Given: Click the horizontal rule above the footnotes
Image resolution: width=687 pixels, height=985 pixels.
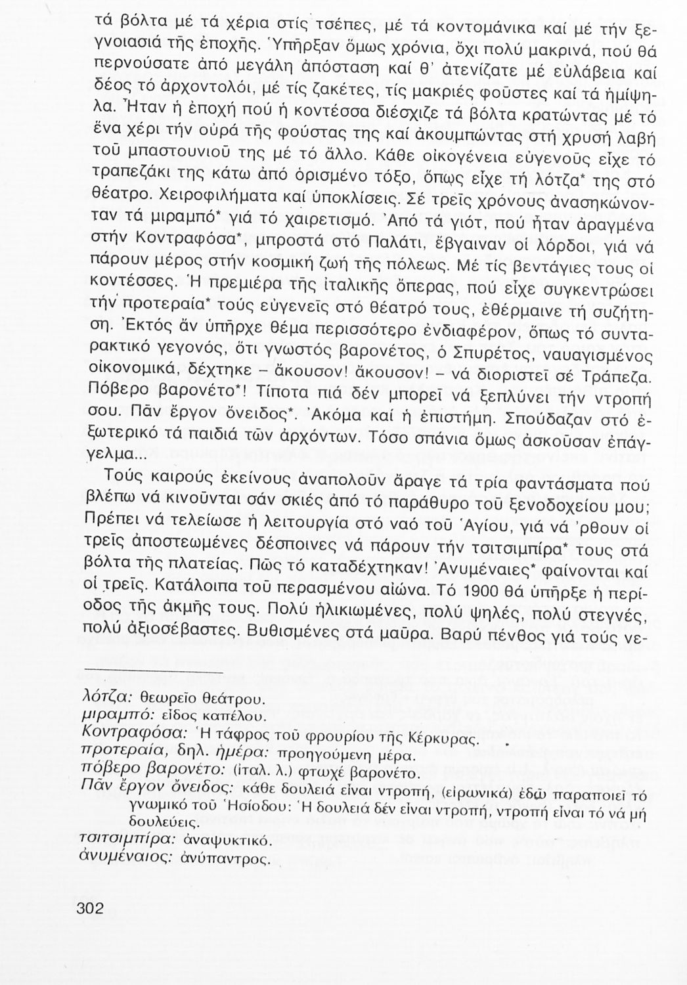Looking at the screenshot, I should tap(154, 672).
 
